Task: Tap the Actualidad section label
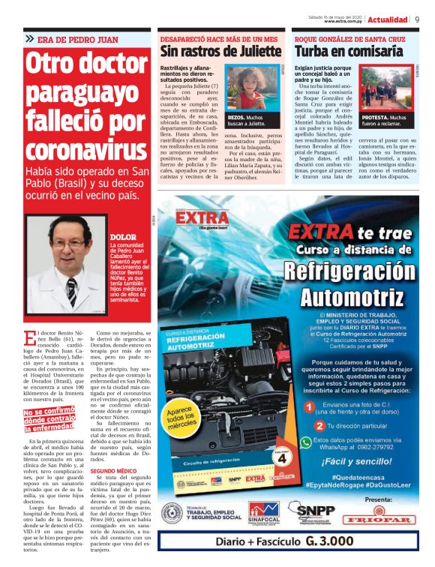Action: click(388, 19)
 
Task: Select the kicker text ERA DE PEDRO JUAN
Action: click(77, 38)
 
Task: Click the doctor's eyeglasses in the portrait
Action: click(68, 244)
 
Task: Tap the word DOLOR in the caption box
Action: click(123, 237)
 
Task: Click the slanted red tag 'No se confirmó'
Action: click(49, 412)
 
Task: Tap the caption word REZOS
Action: click(235, 118)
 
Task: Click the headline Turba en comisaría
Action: click(349, 52)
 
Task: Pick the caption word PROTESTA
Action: click(374, 118)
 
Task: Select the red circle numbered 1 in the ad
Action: click(308, 406)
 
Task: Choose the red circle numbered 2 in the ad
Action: click(308, 426)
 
